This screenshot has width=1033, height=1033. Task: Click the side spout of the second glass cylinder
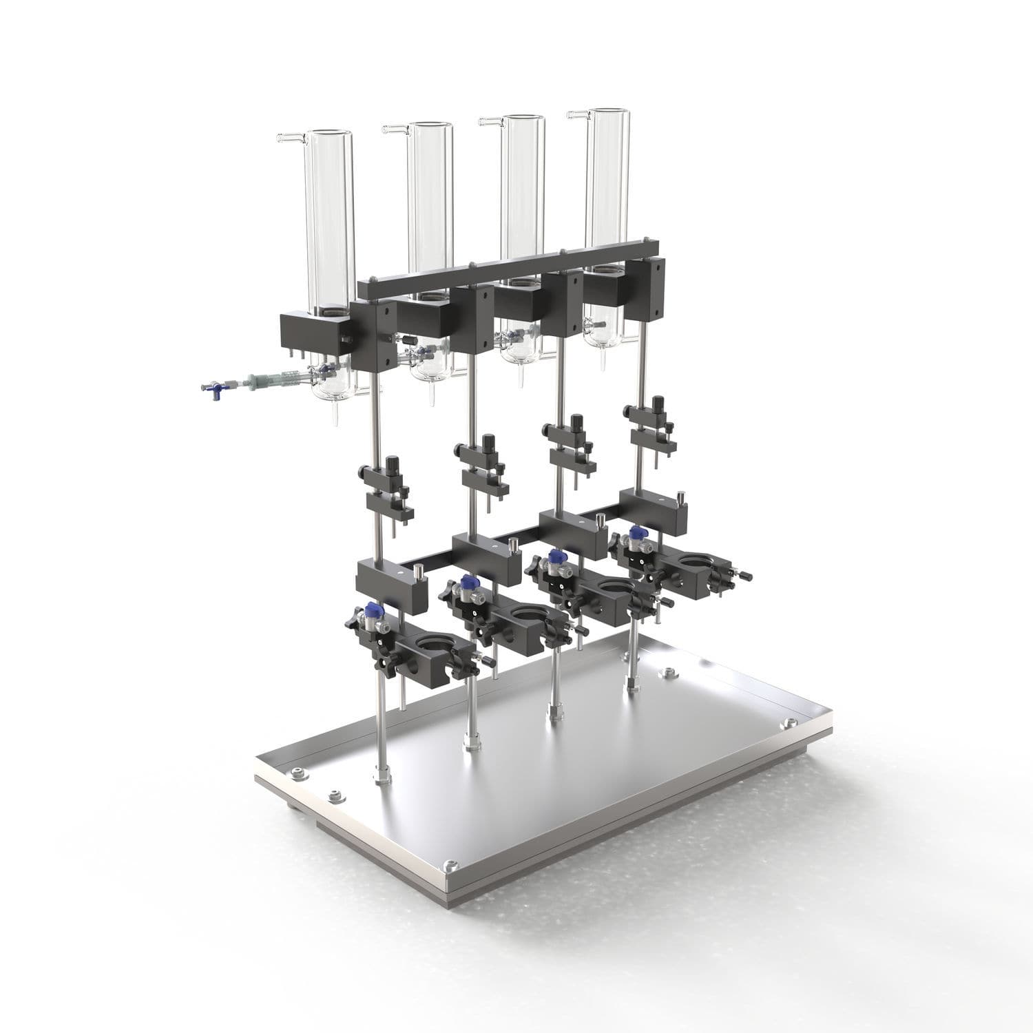click(x=394, y=128)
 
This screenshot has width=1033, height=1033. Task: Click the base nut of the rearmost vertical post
click(x=632, y=682)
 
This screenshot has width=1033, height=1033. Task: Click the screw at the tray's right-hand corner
click(x=786, y=724)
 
